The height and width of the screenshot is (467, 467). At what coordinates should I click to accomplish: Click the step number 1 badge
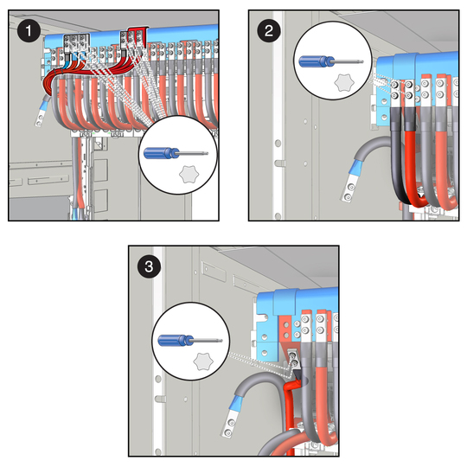point(29,30)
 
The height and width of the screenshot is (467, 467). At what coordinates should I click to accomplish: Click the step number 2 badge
point(269,30)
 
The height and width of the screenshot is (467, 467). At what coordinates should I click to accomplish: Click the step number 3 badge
point(149,266)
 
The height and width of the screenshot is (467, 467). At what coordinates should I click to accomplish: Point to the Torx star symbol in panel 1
point(189,174)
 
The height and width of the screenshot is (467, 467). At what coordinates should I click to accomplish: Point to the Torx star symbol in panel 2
point(344,83)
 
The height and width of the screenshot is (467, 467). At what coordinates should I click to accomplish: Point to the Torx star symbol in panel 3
point(203,361)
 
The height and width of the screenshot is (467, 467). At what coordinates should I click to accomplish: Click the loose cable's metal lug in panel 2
point(349,189)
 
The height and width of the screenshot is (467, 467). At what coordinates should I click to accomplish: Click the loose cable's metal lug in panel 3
point(230,423)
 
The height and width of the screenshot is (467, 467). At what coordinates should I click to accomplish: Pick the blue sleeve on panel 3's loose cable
point(237,402)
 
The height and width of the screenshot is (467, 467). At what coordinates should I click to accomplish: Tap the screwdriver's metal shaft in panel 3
point(208,340)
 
